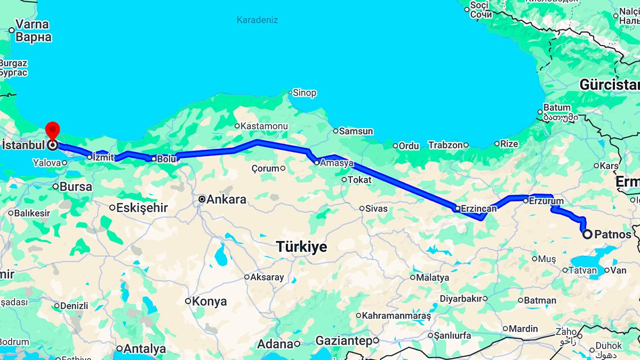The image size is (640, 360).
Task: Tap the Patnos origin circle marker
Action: tap(587, 234)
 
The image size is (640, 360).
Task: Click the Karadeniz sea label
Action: tap(257, 20)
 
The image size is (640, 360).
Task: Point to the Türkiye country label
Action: tap(301, 246)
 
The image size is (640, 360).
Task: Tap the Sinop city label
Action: tap(305, 93)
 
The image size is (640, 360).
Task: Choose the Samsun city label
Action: tap(356, 131)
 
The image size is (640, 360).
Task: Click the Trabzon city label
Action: tap(445, 145)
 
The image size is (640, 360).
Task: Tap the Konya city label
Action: tap(209, 301)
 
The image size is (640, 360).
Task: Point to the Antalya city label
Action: tap(145, 349)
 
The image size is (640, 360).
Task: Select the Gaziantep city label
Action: tap(343, 340)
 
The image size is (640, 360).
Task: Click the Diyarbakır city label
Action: tap(461, 299)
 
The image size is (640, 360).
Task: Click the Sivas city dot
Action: tap(362, 209)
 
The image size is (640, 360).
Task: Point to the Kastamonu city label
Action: tap(264, 126)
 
